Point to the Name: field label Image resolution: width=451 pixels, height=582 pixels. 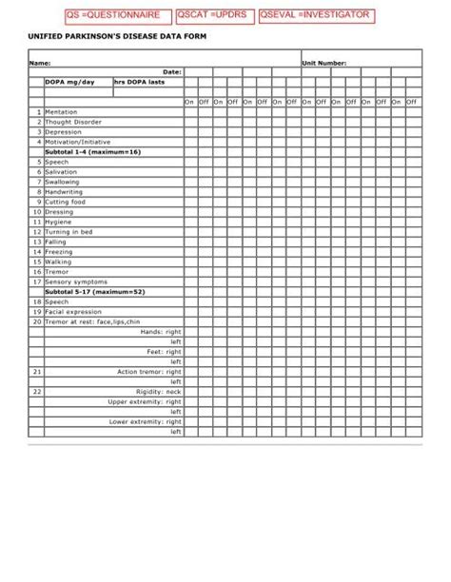point(39,63)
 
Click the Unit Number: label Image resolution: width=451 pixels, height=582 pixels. point(324,63)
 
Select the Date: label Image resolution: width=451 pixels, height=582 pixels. point(172,71)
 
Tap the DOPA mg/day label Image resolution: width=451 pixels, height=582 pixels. point(69,82)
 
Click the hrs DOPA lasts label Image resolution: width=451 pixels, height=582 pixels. point(139,82)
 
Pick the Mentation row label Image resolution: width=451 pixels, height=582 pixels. point(62,111)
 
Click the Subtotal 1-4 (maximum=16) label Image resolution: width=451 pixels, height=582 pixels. point(92,151)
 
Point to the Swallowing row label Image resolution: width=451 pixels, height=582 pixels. point(63,182)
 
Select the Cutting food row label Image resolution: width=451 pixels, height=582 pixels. point(66,202)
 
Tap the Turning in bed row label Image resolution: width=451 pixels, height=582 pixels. point(69,231)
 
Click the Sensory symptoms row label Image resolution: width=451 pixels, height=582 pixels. point(76,281)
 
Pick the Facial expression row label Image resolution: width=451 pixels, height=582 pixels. point(73,311)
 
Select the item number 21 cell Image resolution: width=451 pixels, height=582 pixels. point(36,371)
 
